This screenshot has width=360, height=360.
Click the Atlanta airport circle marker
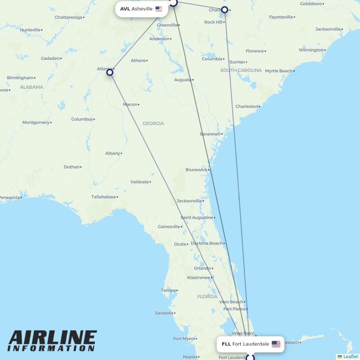pyautogui.click(x=110, y=72)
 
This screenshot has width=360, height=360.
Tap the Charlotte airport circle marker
pyautogui.click(x=225, y=10)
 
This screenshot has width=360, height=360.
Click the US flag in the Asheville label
pyautogui.click(x=159, y=9)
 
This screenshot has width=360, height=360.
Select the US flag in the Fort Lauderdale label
pyautogui.click(x=276, y=344)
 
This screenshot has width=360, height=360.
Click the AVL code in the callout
pyautogui.click(x=125, y=9)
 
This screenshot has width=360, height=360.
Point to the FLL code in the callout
pyautogui.click(x=226, y=344)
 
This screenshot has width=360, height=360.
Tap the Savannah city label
pyautogui.click(x=210, y=134)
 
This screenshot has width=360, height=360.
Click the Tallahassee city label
pyautogui.click(x=104, y=197)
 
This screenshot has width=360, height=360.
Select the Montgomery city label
pyautogui.click(x=36, y=122)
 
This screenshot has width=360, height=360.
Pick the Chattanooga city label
pyautogui.click(x=68, y=17)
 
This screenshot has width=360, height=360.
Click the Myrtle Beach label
pyautogui.click(x=279, y=71)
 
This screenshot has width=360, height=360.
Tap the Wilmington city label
pyautogui.click(x=311, y=50)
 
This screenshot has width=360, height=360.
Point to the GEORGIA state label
pyautogui.click(x=153, y=123)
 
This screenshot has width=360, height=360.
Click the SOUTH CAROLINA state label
pyautogui.click(x=241, y=70)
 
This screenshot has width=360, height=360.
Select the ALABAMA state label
pyautogui.click(x=31, y=87)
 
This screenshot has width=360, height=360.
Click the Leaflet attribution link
pyautogui.click(x=351, y=357)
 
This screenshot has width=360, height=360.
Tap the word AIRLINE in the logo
pyautogui.click(x=52, y=338)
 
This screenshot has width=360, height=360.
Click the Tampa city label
pyautogui.click(x=168, y=291)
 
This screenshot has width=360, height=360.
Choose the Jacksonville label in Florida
pyautogui.click(x=189, y=201)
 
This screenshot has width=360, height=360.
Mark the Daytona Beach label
pyautogui.click(x=206, y=243)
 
